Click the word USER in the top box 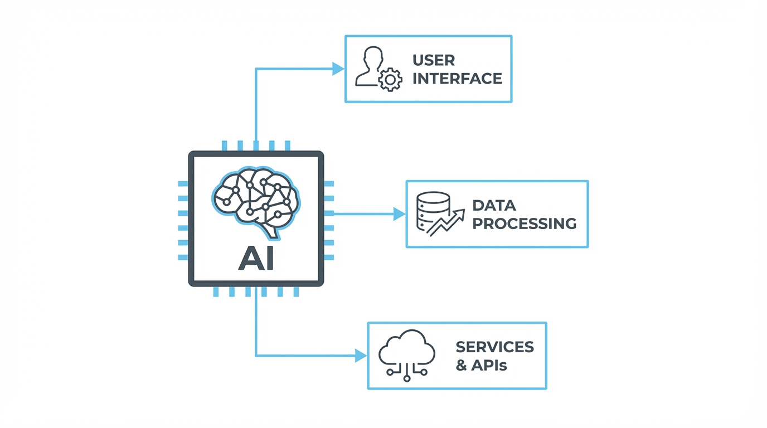pos(434,60)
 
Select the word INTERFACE pos(457,79)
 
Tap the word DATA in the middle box pos(494,205)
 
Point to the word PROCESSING pos(524,223)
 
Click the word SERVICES pos(494,347)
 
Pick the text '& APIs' pos(481,366)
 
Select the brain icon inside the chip pos(256,201)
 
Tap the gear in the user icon pos(390,80)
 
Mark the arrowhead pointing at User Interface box pos(338,69)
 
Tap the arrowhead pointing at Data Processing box pos(399,213)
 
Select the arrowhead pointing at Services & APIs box pos(361,356)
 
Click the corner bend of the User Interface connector pos(256,69)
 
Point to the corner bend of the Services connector pos(256,356)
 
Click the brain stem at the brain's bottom pos(272,232)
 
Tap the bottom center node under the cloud pos(407,378)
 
